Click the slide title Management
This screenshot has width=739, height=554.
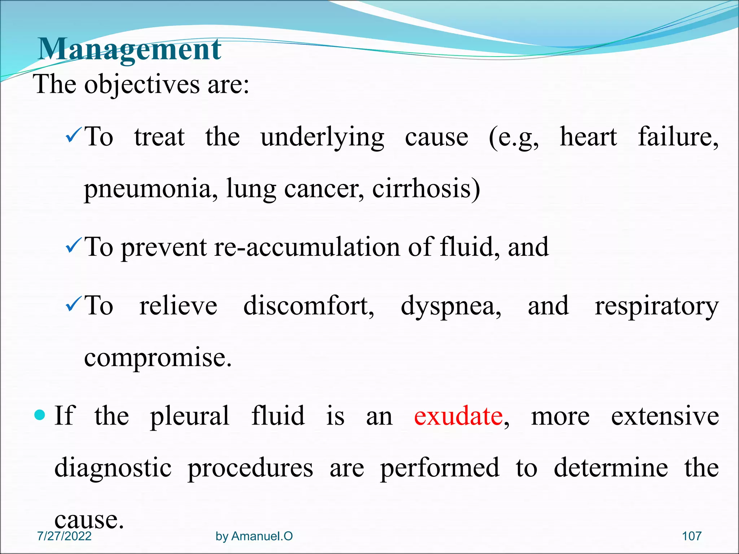(x=129, y=49)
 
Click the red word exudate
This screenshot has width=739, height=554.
(x=458, y=416)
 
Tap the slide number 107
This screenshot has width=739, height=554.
(x=691, y=536)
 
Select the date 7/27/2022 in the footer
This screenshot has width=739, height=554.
(x=64, y=536)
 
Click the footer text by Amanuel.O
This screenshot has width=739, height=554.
(x=254, y=536)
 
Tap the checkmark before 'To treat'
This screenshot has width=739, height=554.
(x=74, y=137)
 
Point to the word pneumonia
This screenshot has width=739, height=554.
(x=150, y=189)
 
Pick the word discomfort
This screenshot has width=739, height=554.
(x=309, y=306)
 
